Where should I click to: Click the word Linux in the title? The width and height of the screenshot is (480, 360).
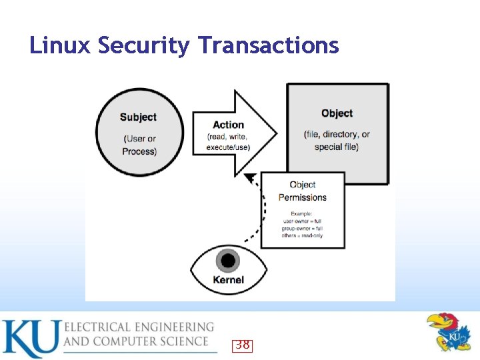pyautogui.click(x=61, y=45)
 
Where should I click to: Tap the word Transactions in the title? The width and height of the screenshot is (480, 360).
pyautogui.click(x=269, y=45)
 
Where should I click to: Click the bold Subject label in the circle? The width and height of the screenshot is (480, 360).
pyautogui.click(x=138, y=117)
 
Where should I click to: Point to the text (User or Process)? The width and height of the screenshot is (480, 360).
pyautogui.click(x=139, y=145)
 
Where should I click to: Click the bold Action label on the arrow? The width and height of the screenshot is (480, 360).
pyautogui.click(x=228, y=125)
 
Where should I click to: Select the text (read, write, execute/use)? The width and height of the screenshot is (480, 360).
pyautogui.click(x=228, y=142)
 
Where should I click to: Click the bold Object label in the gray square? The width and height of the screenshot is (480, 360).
pyautogui.click(x=337, y=113)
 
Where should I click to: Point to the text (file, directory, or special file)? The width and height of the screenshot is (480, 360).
pyautogui.click(x=337, y=141)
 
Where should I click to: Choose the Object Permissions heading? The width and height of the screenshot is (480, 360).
pyautogui.click(x=303, y=191)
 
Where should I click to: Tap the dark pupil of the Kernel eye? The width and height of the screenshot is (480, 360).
pyautogui.click(x=229, y=261)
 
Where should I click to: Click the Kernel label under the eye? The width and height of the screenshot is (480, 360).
pyautogui.click(x=229, y=280)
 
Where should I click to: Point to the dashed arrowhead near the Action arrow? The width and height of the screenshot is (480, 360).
pyautogui.click(x=250, y=178)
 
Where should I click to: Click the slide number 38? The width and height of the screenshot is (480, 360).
pyautogui.click(x=242, y=345)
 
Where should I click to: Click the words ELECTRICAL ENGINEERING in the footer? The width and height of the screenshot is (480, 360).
pyautogui.click(x=139, y=327)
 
